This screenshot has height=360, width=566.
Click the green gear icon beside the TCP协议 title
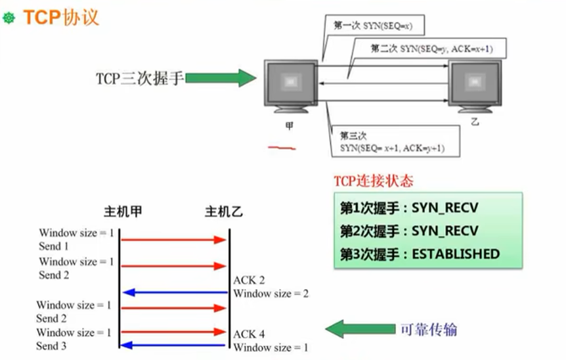9,18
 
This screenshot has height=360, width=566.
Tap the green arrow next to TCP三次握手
221,79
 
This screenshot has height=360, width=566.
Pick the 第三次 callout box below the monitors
393,143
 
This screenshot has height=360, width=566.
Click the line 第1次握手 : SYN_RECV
409,208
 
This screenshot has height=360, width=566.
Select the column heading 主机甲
123,212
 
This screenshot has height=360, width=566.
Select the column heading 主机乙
224,212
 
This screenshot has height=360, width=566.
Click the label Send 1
54,246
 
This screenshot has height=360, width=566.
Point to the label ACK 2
249,281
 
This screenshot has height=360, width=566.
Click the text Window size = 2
271,294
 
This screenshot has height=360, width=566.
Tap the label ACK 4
249,334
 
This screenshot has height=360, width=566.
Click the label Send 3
51,346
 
